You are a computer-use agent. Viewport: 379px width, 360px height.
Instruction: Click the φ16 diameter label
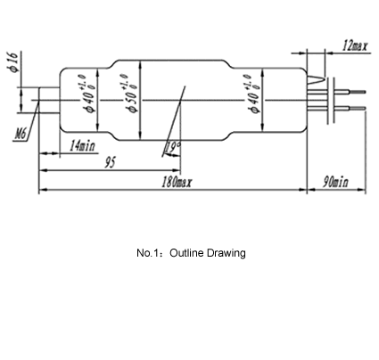(x=13, y=62)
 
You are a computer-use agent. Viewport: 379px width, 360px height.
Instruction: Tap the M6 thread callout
(x=21, y=135)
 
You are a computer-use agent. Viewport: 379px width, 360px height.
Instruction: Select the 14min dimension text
(x=82, y=146)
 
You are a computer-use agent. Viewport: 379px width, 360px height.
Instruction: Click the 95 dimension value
(x=110, y=162)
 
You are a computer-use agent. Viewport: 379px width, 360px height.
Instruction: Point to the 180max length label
(x=177, y=182)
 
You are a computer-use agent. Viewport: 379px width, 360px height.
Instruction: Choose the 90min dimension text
(x=335, y=182)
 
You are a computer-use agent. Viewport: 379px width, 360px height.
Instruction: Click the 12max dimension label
(x=355, y=45)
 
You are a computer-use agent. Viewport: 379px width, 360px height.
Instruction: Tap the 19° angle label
(x=173, y=147)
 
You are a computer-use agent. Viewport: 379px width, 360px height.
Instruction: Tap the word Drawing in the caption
(x=226, y=253)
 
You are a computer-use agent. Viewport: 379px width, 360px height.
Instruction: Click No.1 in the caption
(x=147, y=253)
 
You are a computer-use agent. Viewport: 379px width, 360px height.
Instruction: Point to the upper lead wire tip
(x=365, y=92)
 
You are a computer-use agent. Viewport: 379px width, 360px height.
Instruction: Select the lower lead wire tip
(x=365, y=108)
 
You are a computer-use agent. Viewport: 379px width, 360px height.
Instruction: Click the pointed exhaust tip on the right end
(x=324, y=79)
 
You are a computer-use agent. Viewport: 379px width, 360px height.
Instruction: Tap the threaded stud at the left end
(x=49, y=100)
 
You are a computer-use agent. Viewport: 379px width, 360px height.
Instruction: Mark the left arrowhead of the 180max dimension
(x=41, y=190)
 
